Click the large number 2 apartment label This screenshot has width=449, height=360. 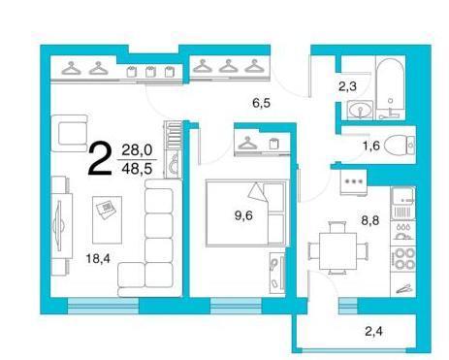coord(100,159)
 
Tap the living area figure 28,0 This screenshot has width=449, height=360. coord(137,150)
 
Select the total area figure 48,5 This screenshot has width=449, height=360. coord(137,169)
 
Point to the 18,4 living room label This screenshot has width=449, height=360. coord(98,258)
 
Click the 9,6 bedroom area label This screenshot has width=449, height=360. coord(243,215)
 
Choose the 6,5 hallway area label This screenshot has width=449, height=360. coord(261,103)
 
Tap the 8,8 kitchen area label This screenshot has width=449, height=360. coord(370,220)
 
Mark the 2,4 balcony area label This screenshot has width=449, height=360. coord(373,331)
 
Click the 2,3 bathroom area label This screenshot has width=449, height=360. coord(347,86)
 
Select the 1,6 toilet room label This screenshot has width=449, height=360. coord(370,146)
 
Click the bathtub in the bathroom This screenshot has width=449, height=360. coord(390,88)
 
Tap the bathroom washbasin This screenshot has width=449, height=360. coord(360,109)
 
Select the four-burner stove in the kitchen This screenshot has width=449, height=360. coord(403,259)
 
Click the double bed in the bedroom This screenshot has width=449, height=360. coord(246,213)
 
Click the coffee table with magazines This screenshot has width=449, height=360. coord(107,220)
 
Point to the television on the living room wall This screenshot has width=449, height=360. coord(59,224)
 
